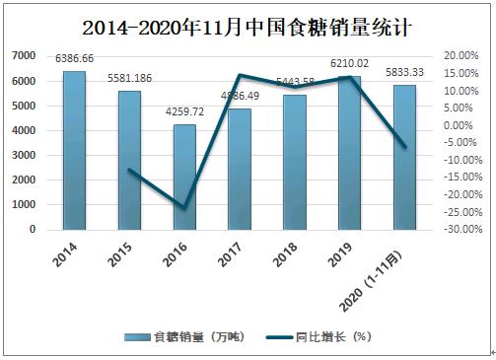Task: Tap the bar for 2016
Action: click(x=184, y=178)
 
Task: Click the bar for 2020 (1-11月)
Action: click(x=405, y=158)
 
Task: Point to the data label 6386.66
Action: click(x=74, y=59)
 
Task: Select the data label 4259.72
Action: click(x=185, y=113)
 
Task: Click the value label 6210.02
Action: click(x=350, y=63)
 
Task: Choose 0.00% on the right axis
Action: click(x=461, y=125)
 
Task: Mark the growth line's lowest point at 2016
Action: click(x=184, y=208)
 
